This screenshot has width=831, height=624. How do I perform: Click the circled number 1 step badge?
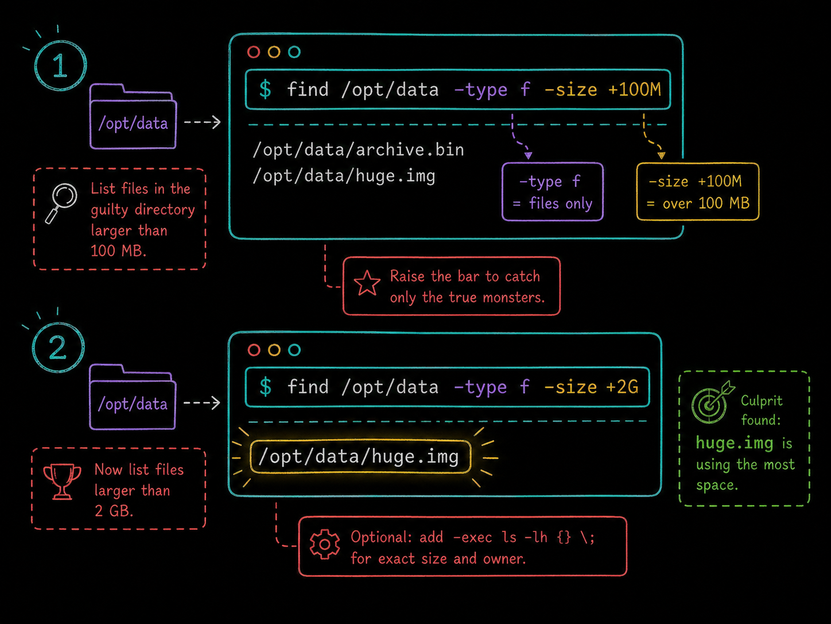60,66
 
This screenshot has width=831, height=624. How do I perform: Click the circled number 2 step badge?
58,347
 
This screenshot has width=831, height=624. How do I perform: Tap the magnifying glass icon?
61,203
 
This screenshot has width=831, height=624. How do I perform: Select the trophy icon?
62,481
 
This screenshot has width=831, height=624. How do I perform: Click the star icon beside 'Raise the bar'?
367,283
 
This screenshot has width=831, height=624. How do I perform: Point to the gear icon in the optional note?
324,545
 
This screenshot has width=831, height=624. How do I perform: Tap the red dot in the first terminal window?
254,52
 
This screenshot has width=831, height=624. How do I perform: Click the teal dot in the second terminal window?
294,350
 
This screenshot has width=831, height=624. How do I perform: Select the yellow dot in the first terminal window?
274,52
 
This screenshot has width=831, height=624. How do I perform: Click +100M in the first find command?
635,90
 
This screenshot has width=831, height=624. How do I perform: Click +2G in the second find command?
622,387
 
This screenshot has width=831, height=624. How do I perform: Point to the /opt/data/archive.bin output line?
358,149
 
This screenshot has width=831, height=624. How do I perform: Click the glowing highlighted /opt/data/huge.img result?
360,457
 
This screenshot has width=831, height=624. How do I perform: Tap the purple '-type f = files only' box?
552,192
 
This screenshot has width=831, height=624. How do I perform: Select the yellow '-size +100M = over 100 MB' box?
698,192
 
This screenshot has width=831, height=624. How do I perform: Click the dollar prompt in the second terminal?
265,387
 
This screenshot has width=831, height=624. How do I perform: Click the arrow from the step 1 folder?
202,122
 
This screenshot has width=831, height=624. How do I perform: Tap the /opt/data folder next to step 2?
133,396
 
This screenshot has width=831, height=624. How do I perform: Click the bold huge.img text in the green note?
735,443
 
